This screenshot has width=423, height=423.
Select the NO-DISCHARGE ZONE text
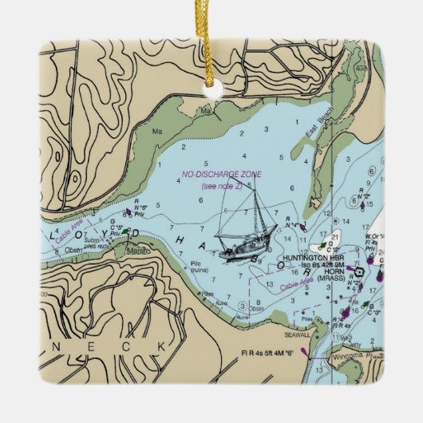[x=222, y=174]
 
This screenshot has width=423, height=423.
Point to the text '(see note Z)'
[x=223, y=186]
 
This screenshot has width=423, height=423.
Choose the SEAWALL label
[x=287, y=312]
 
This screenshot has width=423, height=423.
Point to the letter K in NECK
[x=164, y=346]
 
